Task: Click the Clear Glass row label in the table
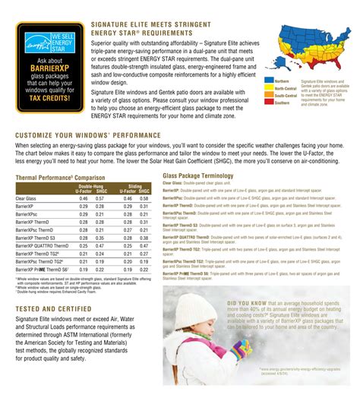[x=27, y=198]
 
